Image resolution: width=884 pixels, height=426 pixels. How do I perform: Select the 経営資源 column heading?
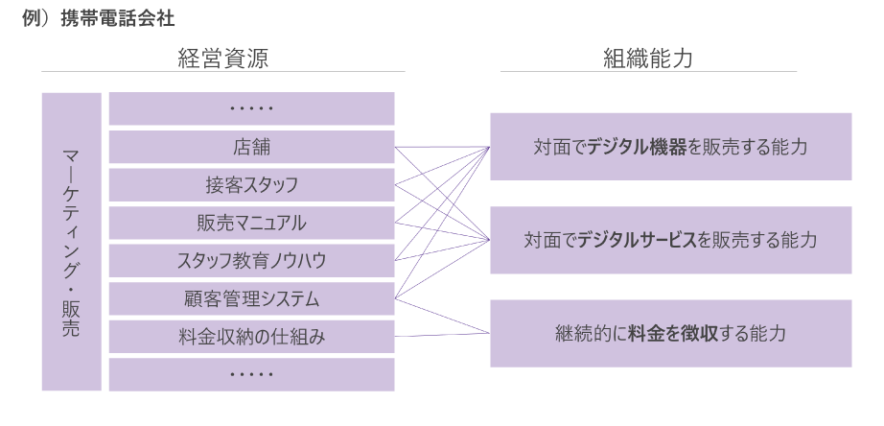pyautogui.click(x=221, y=59)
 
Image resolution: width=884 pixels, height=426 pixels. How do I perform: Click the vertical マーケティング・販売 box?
pyautogui.click(x=72, y=242)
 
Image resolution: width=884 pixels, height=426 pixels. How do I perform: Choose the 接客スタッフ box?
pyautogui.click(x=251, y=184)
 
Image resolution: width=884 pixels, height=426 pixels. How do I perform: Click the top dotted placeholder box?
pyautogui.click(x=251, y=108)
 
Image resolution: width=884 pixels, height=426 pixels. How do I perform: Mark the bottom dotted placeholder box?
pyautogui.click(x=251, y=374)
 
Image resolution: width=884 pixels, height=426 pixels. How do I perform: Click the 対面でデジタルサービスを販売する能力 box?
pyautogui.click(x=671, y=240)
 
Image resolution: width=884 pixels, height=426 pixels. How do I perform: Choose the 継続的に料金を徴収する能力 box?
pyautogui.click(x=671, y=334)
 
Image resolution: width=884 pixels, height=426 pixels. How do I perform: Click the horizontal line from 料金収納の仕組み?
pyautogui.click(x=442, y=336)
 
